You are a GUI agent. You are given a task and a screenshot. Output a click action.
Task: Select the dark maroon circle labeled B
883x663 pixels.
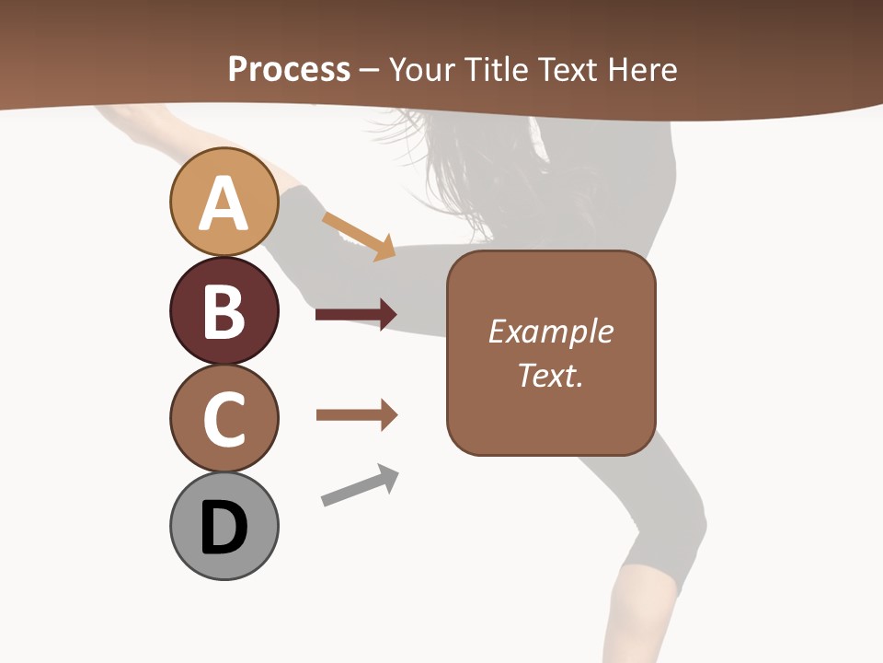tap(224, 310)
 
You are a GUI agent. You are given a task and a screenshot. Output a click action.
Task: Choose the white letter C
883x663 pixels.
tap(224, 419)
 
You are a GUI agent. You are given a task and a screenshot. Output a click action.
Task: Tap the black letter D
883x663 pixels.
tap(224, 528)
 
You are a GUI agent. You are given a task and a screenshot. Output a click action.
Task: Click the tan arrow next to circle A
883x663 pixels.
tap(360, 236)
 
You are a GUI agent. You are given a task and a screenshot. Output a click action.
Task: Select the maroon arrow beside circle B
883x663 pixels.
tap(356, 315)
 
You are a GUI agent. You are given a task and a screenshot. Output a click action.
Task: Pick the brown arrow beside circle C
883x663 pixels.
tap(356, 415)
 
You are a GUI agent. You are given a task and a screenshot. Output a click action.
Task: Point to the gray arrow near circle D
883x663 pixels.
tap(360, 485)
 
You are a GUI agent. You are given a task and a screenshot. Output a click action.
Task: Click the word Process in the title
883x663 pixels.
tap(289, 69)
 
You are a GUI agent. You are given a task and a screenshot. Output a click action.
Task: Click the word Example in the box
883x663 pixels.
tap(550, 331)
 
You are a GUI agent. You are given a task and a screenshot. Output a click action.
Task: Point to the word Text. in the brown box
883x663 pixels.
tap(550, 375)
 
